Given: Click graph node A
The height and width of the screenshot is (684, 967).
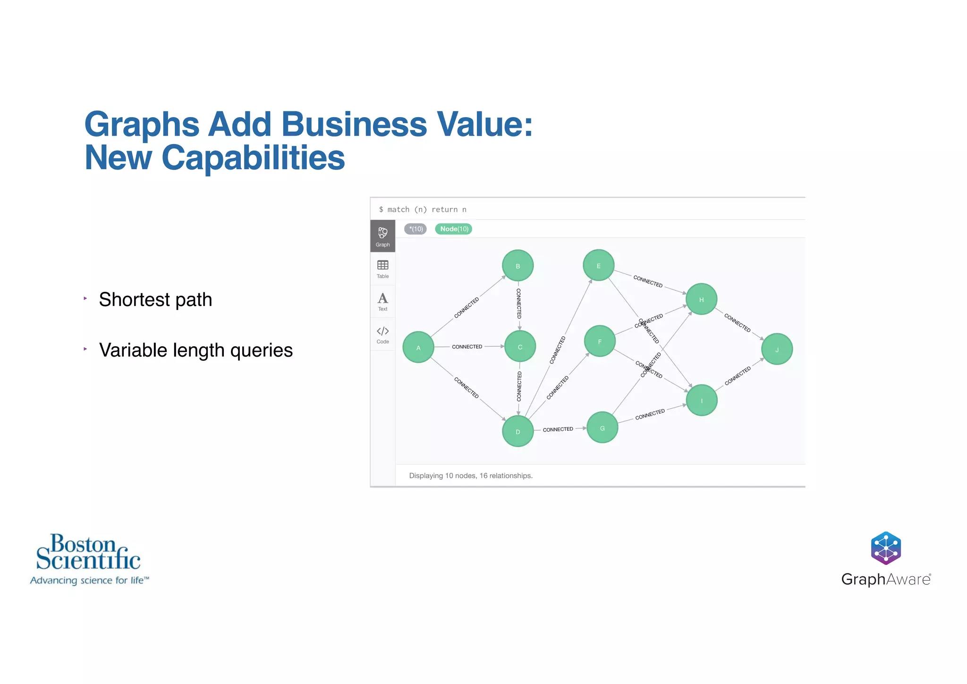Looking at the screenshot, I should pyautogui.click(x=418, y=347).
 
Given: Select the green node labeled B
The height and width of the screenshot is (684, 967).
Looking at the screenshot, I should pyautogui.click(x=517, y=265).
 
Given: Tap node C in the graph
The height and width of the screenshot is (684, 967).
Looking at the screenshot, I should pyautogui.click(x=520, y=346).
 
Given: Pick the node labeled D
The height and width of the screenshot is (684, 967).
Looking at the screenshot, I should pyautogui.click(x=517, y=431).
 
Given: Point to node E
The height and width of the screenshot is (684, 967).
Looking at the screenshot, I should pyautogui.click(x=598, y=265).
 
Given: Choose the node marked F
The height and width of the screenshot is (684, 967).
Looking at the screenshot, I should pyautogui.click(x=600, y=341).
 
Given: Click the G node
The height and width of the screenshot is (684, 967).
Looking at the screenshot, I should pyautogui.click(x=602, y=428).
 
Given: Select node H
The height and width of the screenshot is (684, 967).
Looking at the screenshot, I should pyautogui.click(x=701, y=299).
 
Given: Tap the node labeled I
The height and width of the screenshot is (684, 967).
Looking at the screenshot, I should pyautogui.click(x=702, y=401).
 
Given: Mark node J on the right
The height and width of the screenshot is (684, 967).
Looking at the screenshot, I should pyautogui.click(x=777, y=349).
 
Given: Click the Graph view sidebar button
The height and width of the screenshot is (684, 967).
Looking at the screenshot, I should pyautogui.click(x=382, y=236).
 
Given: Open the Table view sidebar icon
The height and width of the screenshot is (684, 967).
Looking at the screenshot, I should pyautogui.click(x=382, y=269).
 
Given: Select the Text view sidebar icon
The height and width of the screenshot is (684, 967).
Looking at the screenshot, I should pyautogui.click(x=382, y=301).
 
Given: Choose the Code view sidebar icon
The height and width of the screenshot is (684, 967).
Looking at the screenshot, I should pyautogui.click(x=382, y=334).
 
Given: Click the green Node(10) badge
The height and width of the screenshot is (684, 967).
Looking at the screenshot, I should pyautogui.click(x=454, y=229).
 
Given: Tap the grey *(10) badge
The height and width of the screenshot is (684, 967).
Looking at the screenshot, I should pyautogui.click(x=416, y=229).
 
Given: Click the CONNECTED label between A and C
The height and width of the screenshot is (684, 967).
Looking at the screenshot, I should pyautogui.click(x=467, y=347).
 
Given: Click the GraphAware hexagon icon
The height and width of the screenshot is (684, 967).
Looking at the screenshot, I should pyautogui.click(x=886, y=548).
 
